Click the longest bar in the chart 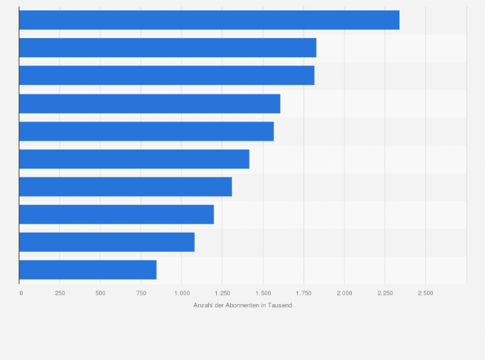[209, 20]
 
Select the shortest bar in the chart [87, 269]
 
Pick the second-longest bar [167, 48]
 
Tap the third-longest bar [167, 75]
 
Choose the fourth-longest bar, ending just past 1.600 [149, 104]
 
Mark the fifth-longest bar [146, 131]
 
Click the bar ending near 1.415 [134, 159]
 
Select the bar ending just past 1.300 [125, 186]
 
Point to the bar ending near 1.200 [116, 214]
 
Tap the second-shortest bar [107, 242]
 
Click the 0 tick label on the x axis [21, 293]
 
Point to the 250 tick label [60, 293]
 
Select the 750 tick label [141, 293]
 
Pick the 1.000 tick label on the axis [181, 293]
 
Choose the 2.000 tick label [344, 293]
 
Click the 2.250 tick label [385, 293]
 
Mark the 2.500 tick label [425, 293]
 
